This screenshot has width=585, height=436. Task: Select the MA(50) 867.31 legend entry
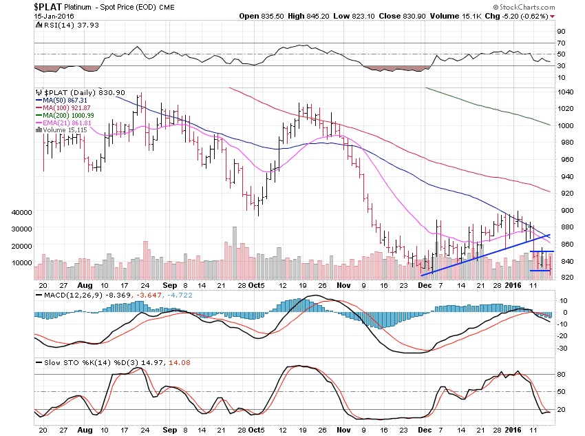(63, 101)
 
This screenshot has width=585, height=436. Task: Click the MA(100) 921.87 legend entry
(64, 108)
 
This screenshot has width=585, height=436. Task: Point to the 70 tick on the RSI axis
(561, 43)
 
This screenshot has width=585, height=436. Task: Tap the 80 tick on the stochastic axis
(561, 374)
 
